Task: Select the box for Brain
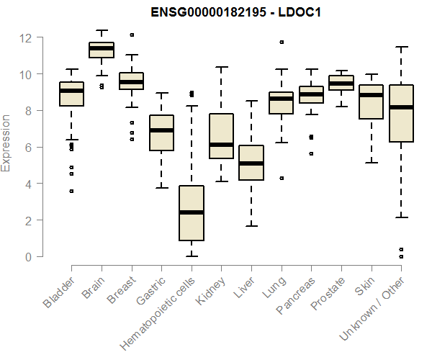coord(102,50)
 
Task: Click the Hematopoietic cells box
coord(191,213)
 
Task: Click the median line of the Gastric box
coord(161,130)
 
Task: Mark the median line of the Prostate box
coord(341,84)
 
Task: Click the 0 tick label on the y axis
coord(27,257)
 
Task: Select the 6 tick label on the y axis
coord(27,148)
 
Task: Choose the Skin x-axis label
coord(364,287)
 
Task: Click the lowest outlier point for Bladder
coord(71,191)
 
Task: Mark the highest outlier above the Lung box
coord(281,42)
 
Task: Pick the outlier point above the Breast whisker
coord(131,35)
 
